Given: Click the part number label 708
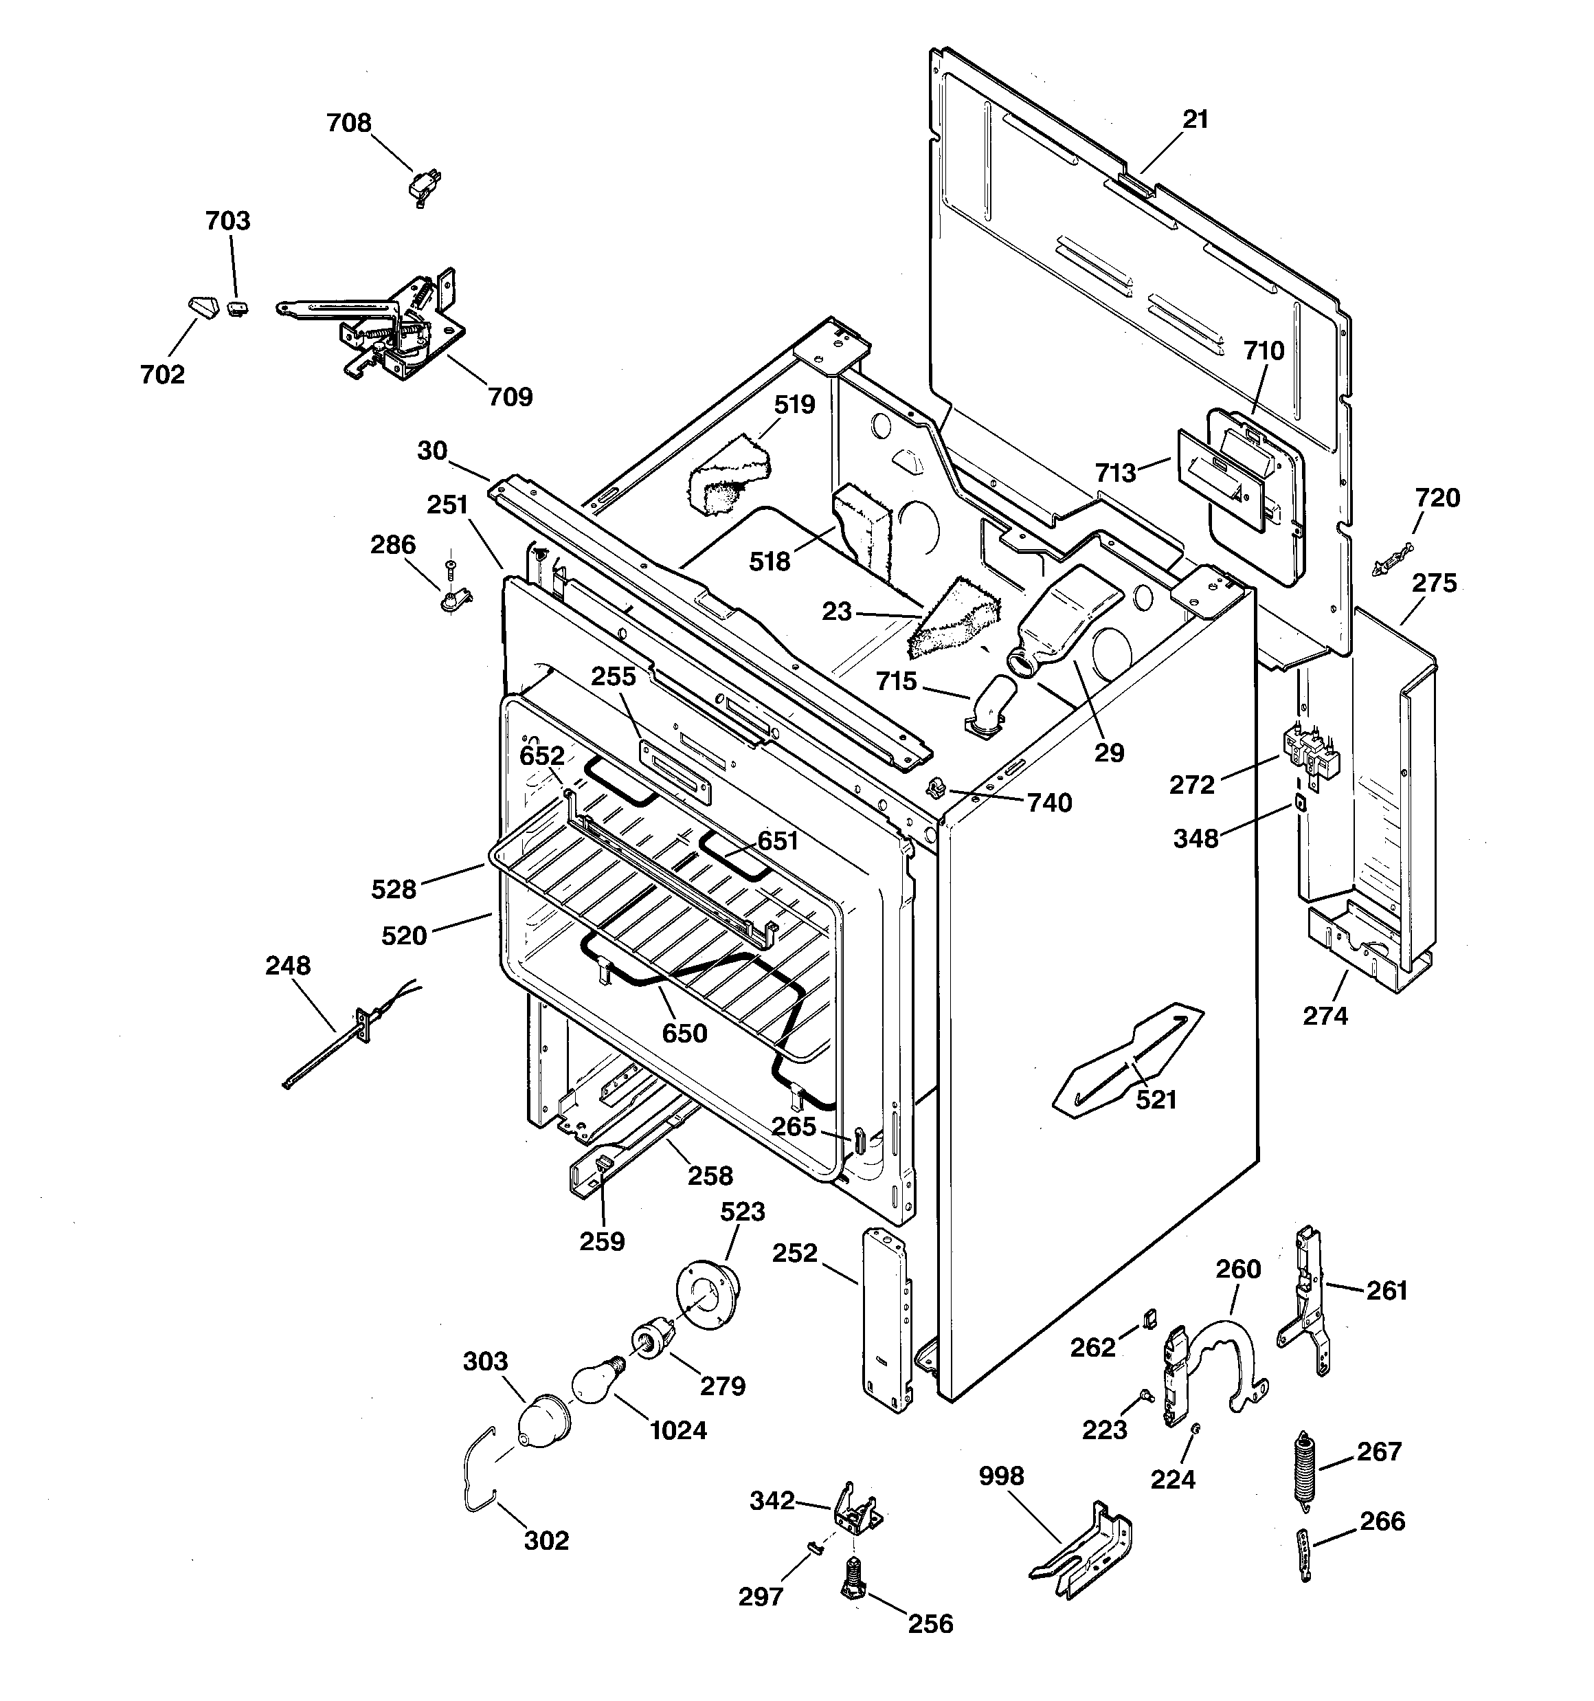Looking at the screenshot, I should point(348,123).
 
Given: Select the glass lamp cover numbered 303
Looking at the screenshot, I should point(543,1421).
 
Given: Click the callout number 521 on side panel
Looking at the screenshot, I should point(1156,1100).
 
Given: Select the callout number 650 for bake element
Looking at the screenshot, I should point(684,1033).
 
